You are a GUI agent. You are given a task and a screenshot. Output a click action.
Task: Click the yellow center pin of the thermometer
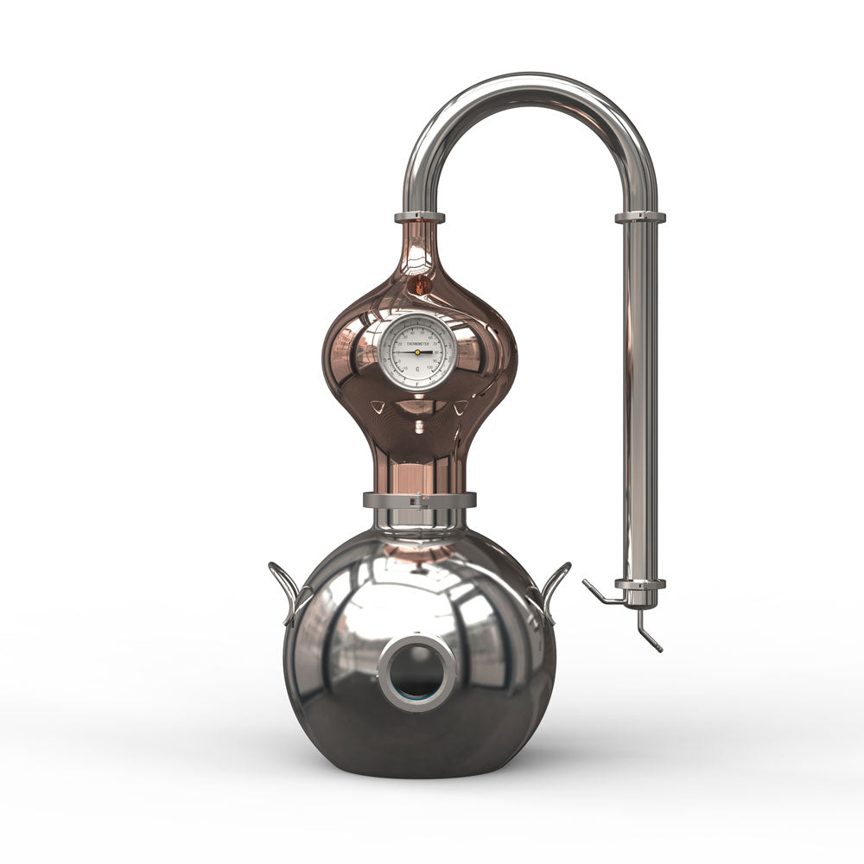pyautogui.click(x=418, y=352)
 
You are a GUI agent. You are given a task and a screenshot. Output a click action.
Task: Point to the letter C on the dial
pyautogui.click(x=418, y=369)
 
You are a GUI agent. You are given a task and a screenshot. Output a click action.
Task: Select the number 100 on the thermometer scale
pyautogui.click(x=431, y=367)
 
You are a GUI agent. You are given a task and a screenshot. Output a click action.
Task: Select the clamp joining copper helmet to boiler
pyautogui.click(x=419, y=499)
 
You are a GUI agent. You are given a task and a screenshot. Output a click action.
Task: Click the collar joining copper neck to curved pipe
pyautogui.click(x=420, y=218)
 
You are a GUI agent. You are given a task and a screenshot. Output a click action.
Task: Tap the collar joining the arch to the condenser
pyautogui.click(x=640, y=218)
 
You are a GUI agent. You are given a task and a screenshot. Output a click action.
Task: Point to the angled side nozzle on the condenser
pyautogui.click(x=598, y=594)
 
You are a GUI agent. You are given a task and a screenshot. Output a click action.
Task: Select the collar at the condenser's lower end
pyautogui.click(x=640, y=585)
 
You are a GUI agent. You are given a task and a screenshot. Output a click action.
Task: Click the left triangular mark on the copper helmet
pyautogui.click(x=378, y=405)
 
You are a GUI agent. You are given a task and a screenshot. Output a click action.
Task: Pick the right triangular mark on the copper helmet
pyautogui.click(x=461, y=405)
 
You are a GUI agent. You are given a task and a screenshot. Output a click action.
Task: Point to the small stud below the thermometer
pyautogui.click(x=419, y=426)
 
